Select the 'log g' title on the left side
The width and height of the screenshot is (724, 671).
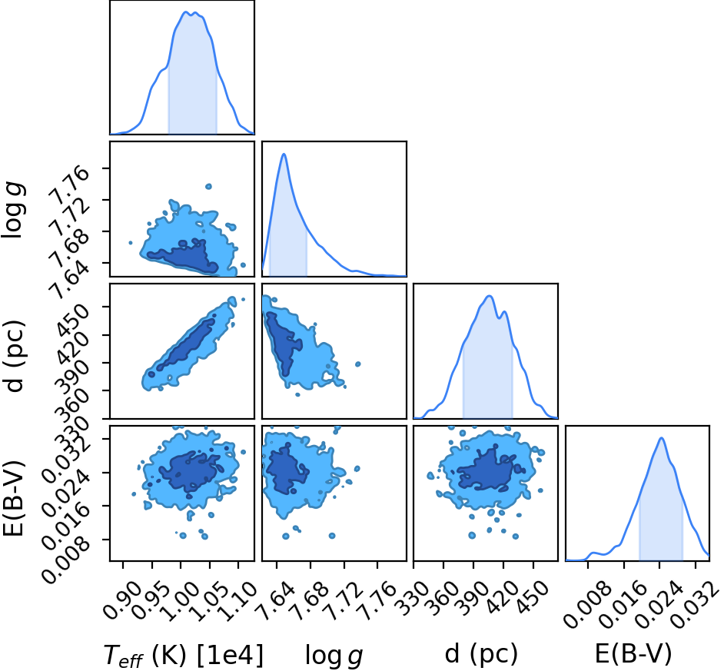pos(14,211)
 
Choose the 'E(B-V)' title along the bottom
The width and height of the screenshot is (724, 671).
pos(633,654)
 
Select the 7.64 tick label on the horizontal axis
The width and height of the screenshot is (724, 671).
pos(276,600)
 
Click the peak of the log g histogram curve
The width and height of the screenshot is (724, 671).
pos(284,154)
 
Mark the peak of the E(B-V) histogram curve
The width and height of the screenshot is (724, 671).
pos(661,438)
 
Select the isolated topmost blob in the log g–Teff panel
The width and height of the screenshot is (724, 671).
pos(208,187)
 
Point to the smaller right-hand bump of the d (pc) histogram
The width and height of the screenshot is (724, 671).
pos(504,312)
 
